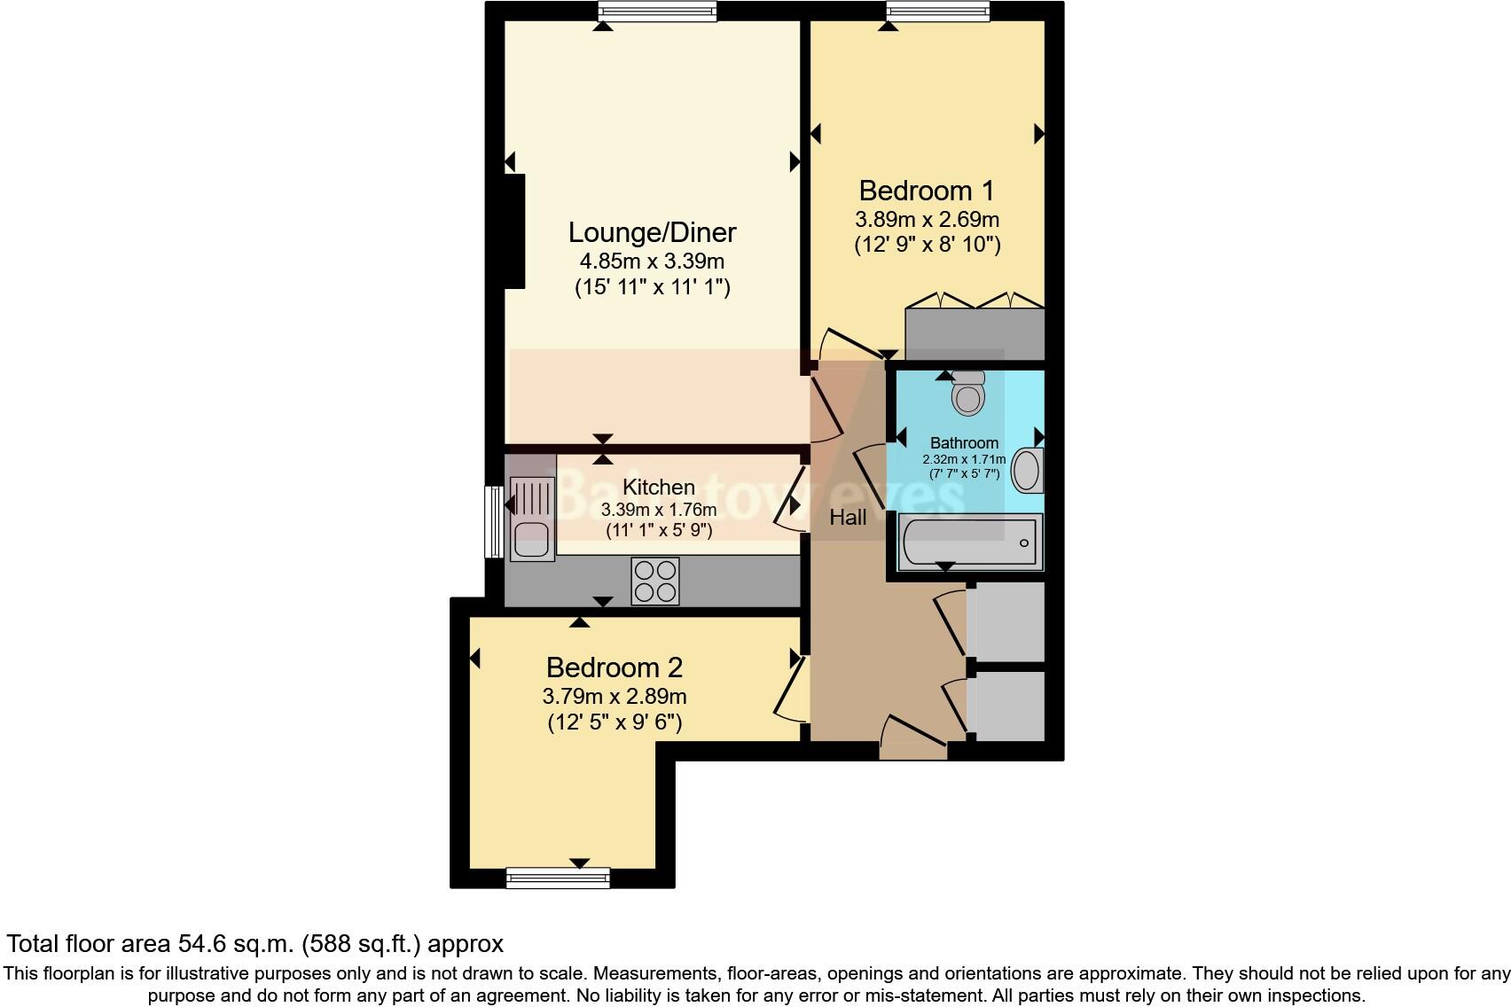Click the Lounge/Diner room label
click(x=652, y=232)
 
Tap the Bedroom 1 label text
click(x=926, y=191)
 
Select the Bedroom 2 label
click(x=614, y=667)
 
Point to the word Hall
click(x=848, y=518)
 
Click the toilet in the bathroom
click(x=967, y=393)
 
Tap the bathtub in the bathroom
click(x=970, y=542)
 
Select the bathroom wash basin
click(x=1027, y=471)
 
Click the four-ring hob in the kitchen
click(x=655, y=582)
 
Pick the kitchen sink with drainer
click(x=532, y=519)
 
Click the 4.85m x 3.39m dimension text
click(x=652, y=262)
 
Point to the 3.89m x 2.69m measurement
click(x=927, y=219)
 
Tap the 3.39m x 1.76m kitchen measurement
click(x=658, y=510)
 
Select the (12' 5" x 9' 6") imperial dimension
click(x=614, y=722)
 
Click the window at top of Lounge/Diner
click(x=656, y=11)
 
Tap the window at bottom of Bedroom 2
click(x=558, y=878)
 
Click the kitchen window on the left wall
click(x=494, y=521)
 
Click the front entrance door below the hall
click(x=913, y=738)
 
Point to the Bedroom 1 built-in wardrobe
click(x=974, y=333)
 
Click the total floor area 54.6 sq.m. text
click(x=255, y=943)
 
